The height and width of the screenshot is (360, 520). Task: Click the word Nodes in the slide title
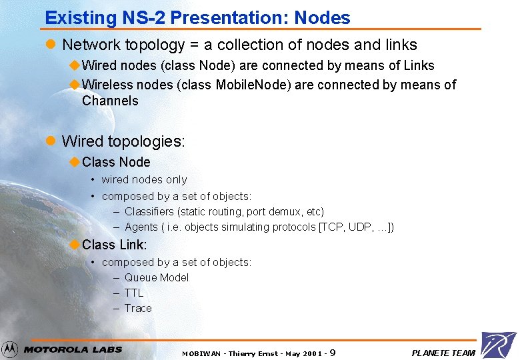(321, 18)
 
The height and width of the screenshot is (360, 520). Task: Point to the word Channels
(110, 101)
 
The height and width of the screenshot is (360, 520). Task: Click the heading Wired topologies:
(123, 141)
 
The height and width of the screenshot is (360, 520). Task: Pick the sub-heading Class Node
(116, 162)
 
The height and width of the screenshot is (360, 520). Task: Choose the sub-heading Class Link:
(114, 245)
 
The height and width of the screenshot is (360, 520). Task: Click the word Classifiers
(149, 211)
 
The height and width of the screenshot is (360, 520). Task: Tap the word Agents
(141, 227)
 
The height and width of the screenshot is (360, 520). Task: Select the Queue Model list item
(156, 277)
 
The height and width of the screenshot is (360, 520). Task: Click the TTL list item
(133, 293)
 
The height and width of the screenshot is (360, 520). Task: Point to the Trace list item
(137, 308)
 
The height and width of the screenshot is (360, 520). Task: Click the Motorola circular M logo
(9, 349)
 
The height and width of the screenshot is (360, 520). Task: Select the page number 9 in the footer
(332, 353)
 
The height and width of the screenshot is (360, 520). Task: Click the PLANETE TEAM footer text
(443, 353)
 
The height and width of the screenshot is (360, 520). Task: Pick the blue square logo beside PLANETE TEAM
(498, 345)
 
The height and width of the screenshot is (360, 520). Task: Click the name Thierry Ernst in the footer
(254, 353)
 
